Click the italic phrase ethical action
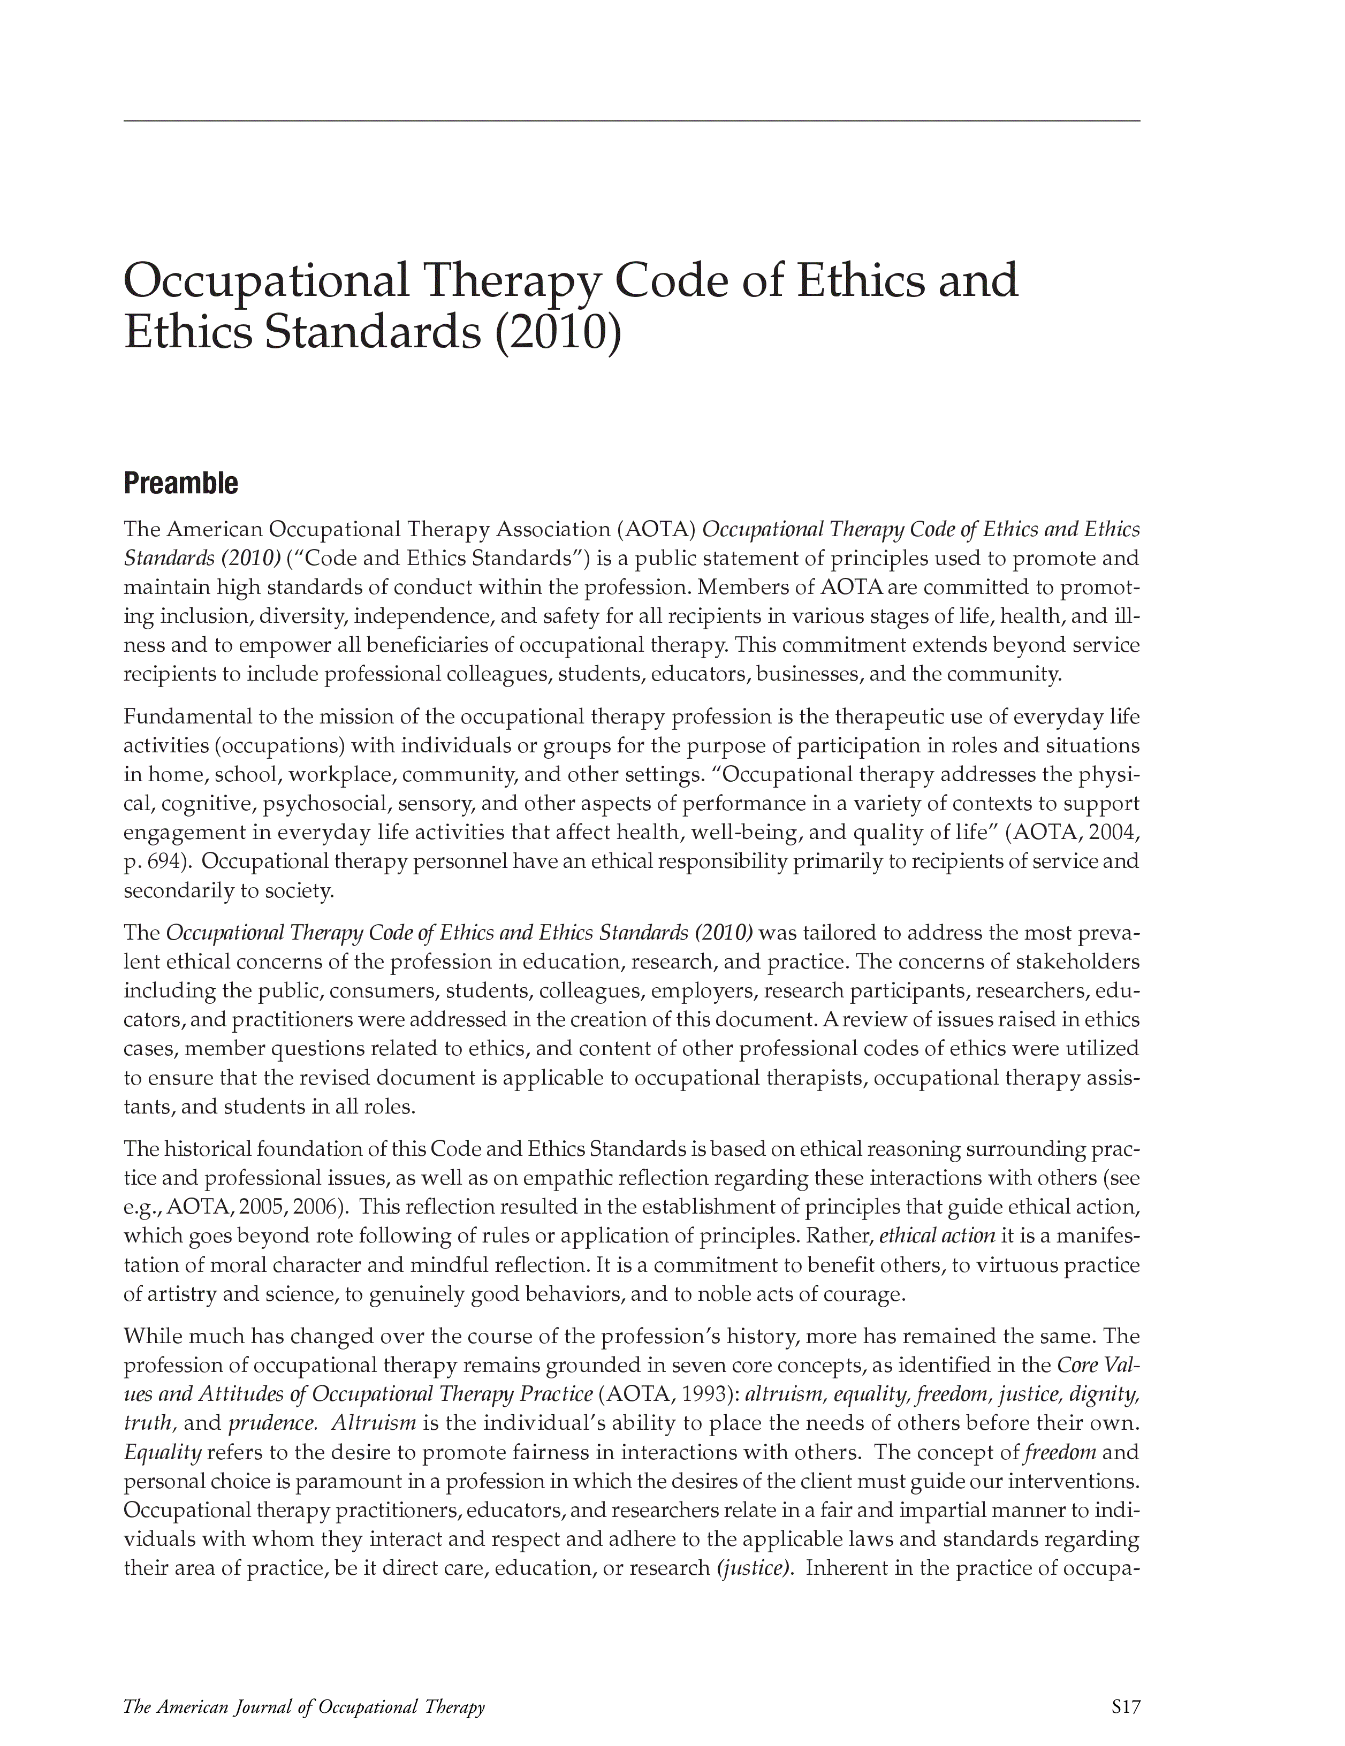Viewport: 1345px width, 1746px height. [937, 1236]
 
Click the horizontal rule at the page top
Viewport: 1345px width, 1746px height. [631, 121]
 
